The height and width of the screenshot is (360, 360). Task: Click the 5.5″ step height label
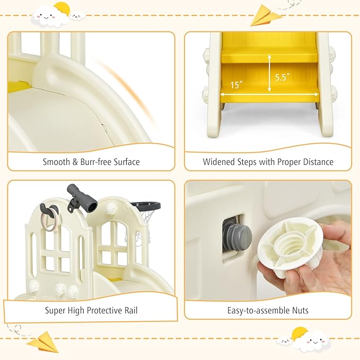pyautogui.click(x=283, y=77)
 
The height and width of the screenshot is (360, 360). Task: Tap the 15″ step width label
pyautogui.click(x=236, y=85)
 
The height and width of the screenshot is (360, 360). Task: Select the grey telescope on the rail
pyautogui.click(x=82, y=198)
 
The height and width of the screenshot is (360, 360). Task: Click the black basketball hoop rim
pyautogui.click(x=146, y=206)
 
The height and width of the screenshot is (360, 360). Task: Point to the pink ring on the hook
pyautogui.click(x=50, y=218)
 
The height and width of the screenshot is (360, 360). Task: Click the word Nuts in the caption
pyautogui.click(x=300, y=310)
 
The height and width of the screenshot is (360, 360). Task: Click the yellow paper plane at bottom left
pyautogui.click(x=43, y=342)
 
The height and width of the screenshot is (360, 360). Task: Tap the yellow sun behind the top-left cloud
pyautogui.click(x=63, y=8)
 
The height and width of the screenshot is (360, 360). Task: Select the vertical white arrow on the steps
pyautogui.click(x=269, y=74)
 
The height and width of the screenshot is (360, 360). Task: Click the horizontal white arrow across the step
pyautogui.click(x=269, y=94)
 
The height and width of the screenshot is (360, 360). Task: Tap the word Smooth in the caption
pyautogui.click(x=57, y=162)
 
